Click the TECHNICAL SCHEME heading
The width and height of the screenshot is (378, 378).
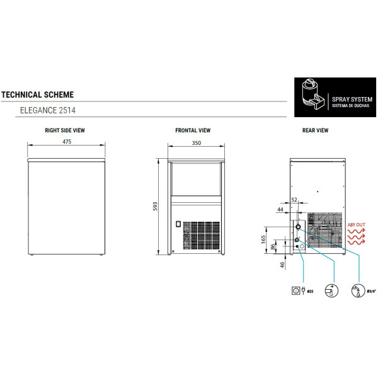(x=37, y=94)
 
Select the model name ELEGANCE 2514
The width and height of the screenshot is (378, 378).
(x=48, y=110)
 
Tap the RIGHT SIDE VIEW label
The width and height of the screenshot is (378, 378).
(x=65, y=130)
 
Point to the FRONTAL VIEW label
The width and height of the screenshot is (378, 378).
(x=193, y=130)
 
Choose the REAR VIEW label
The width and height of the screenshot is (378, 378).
(x=316, y=130)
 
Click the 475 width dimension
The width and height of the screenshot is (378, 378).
(x=67, y=142)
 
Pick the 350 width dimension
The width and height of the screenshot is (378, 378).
(x=197, y=143)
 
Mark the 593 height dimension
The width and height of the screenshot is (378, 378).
(x=155, y=207)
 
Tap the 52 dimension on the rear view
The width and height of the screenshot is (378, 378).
(x=294, y=200)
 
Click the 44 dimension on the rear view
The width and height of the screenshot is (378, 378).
(x=280, y=210)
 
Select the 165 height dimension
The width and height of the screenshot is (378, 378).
(x=263, y=239)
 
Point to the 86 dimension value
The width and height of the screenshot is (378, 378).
(x=273, y=247)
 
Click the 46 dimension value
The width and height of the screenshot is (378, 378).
(x=282, y=265)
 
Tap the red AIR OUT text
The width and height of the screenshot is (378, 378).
(x=357, y=225)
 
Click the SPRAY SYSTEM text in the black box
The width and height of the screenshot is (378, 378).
(x=352, y=100)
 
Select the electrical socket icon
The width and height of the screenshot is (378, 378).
(x=295, y=290)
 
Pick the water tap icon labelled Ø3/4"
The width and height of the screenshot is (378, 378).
(x=358, y=291)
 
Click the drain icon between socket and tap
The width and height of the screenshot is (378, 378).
(x=331, y=290)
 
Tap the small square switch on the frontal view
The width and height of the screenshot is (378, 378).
(x=178, y=224)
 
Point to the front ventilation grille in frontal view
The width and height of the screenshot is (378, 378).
(x=202, y=236)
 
